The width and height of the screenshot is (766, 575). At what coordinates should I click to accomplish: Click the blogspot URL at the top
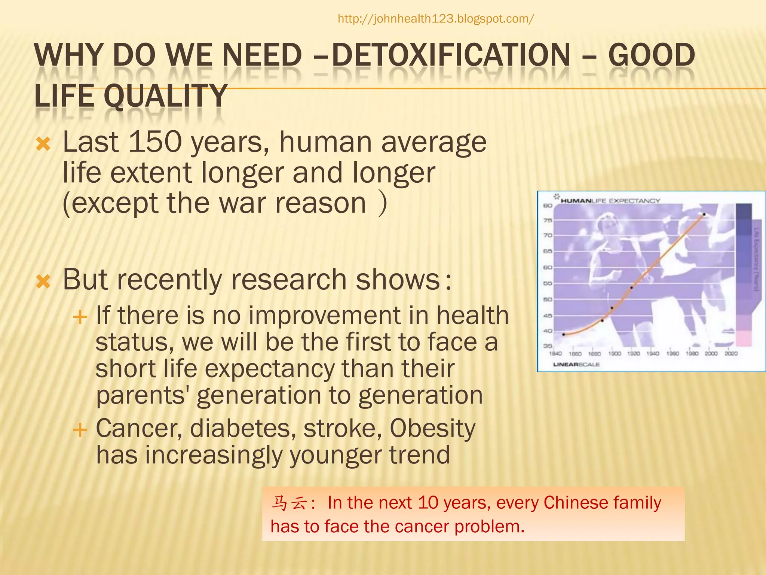click(436, 19)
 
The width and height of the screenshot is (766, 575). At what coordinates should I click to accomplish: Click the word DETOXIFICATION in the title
click(451, 55)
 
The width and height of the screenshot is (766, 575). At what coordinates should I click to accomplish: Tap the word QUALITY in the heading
click(165, 96)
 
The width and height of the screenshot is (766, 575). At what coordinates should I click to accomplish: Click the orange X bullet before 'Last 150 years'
click(43, 144)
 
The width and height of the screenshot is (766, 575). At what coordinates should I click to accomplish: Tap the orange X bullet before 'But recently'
click(43, 281)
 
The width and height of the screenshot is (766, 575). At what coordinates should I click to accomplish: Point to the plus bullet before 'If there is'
click(80, 317)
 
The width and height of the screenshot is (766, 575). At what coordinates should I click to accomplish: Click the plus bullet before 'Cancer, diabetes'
click(80, 430)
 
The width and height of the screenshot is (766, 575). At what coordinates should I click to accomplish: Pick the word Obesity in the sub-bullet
click(432, 428)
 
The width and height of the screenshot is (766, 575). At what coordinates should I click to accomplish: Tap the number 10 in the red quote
click(428, 503)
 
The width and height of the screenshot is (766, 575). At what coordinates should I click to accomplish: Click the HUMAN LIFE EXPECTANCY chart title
click(610, 201)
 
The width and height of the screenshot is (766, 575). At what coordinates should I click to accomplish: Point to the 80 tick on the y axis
click(548, 206)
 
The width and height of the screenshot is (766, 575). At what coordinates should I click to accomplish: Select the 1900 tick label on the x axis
click(615, 353)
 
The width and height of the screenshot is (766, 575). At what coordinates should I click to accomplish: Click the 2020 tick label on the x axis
click(731, 353)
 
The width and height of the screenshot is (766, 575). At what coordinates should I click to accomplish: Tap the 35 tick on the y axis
click(548, 346)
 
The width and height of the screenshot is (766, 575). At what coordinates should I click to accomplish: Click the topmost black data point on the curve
click(704, 215)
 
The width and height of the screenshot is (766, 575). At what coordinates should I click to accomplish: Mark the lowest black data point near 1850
click(564, 334)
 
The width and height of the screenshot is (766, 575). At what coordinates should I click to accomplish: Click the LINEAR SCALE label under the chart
click(576, 364)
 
